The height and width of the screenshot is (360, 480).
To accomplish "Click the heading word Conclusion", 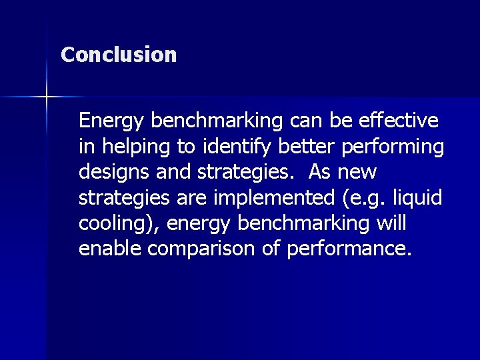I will (x=119, y=54).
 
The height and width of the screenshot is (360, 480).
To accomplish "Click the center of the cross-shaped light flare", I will (x=47, y=97).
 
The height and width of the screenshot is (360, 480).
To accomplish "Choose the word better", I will (x=288, y=146).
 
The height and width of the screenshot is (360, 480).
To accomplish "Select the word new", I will (x=359, y=172).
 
